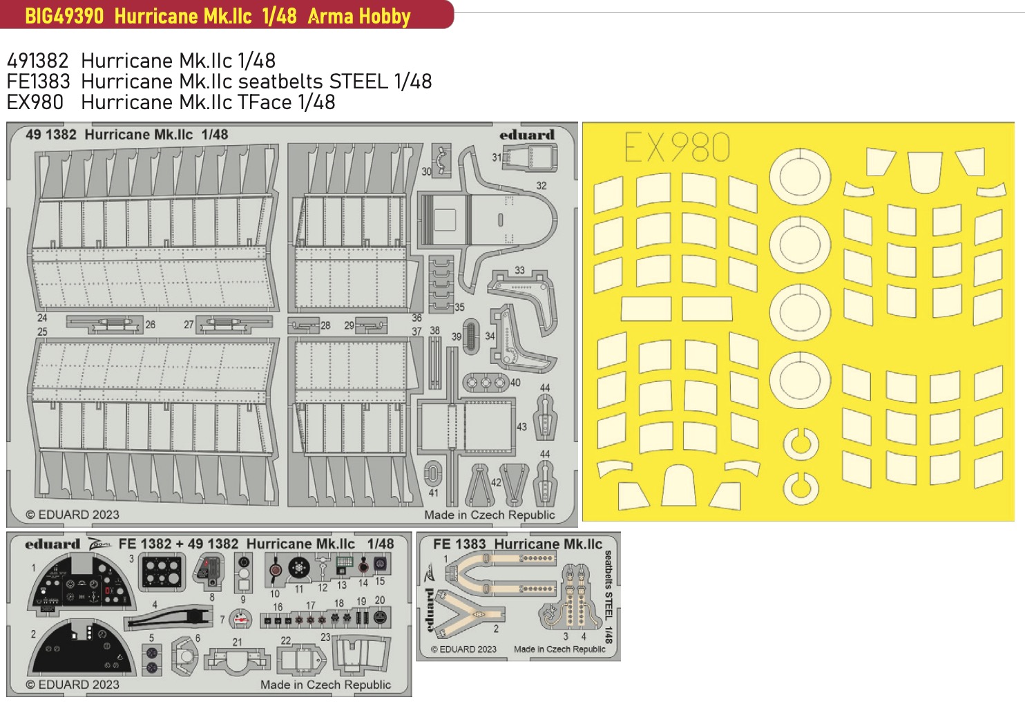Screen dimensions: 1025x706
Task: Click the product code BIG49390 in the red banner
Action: [x=64, y=16]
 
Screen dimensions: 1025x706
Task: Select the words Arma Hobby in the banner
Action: [x=359, y=17]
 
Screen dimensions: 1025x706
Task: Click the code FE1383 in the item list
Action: [x=39, y=82]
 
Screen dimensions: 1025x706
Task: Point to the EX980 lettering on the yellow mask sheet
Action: [x=677, y=147]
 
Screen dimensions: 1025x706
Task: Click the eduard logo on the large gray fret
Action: [x=527, y=135]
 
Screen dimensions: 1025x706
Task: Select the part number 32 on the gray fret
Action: [x=542, y=186]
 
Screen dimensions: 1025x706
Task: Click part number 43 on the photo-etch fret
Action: [x=521, y=426]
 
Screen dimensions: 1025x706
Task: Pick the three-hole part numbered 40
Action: [x=486, y=383]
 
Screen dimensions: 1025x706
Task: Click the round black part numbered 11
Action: [x=299, y=569]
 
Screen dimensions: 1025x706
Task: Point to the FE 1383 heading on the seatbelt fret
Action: [x=459, y=544]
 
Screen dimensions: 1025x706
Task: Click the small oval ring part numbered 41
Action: [x=433, y=473]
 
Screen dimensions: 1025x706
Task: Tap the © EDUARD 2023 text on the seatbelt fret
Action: [x=463, y=649]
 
